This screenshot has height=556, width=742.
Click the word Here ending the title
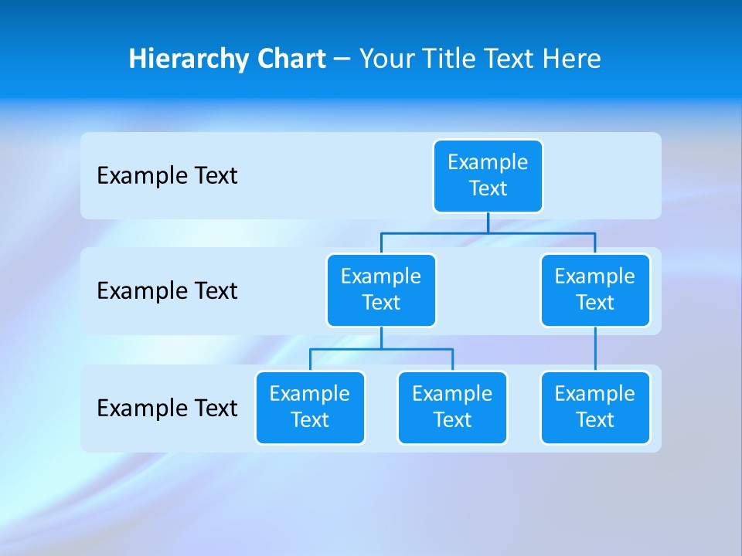click(x=573, y=59)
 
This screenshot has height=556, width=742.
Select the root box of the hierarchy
click(x=488, y=176)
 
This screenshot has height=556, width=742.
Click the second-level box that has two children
click(x=381, y=290)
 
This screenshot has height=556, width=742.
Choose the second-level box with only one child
click(x=595, y=290)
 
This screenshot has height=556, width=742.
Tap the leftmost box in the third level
click(x=310, y=408)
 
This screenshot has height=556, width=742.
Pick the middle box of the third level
click(x=452, y=408)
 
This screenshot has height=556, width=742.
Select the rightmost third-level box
click(x=595, y=408)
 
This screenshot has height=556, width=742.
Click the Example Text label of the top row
click(x=167, y=176)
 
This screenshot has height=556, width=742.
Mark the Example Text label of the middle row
click(x=167, y=291)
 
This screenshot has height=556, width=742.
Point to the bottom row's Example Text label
click(x=167, y=408)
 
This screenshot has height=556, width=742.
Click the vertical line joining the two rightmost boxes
click(x=595, y=349)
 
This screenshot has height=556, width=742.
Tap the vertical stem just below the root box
click(x=488, y=222)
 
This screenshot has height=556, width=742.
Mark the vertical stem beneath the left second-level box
click(x=381, y=337)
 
